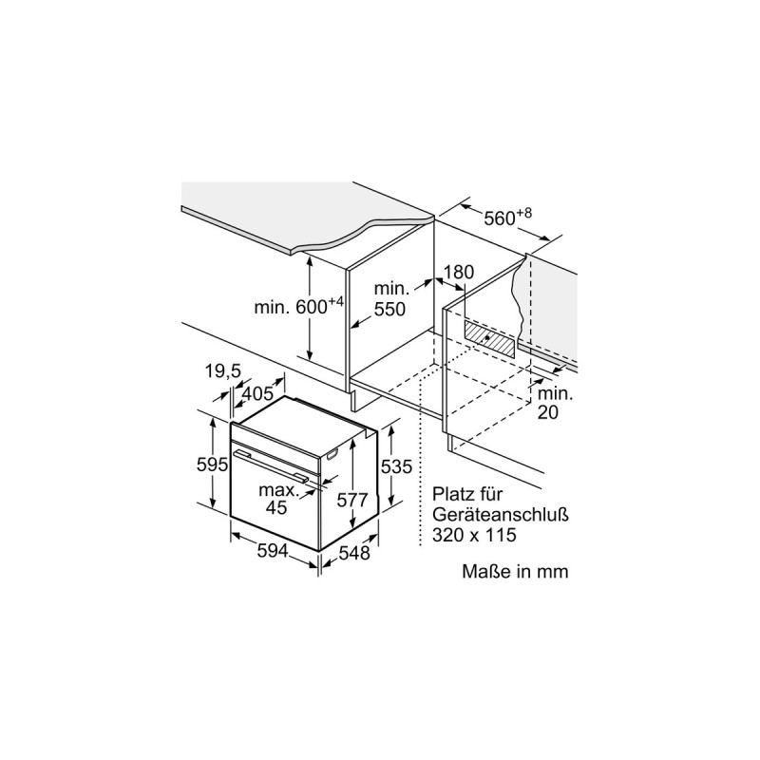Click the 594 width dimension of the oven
pos(273,551)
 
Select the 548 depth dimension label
pos(354,553)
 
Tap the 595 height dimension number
pos(212,465)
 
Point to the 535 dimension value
pos(396,466)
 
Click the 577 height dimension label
pos(352,500)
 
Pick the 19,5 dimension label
pos(223,371)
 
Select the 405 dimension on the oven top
pos(257,393)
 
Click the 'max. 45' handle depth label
pos(278,499)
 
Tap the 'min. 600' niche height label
pos(299,306)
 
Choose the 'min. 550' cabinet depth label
pos(390,298)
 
